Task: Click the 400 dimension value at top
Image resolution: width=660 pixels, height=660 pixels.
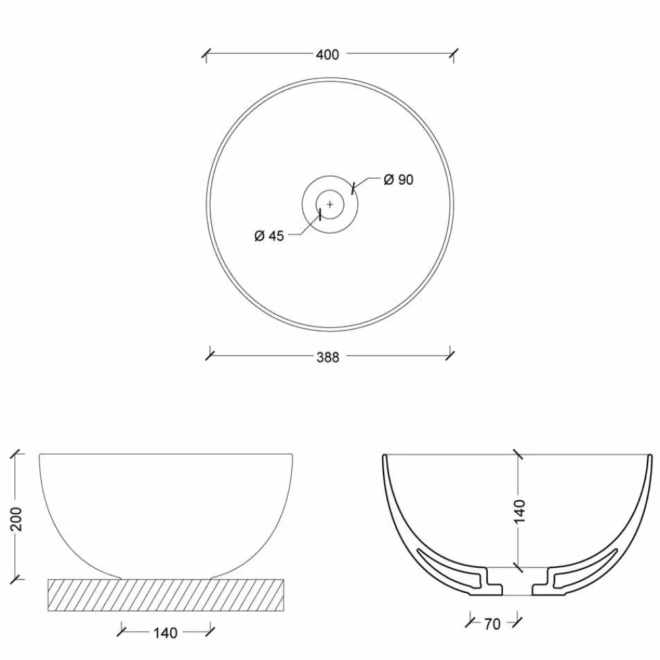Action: coord(327,55)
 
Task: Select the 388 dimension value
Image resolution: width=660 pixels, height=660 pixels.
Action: coord(327,357)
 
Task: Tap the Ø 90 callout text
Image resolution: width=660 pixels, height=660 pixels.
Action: coord(398,180)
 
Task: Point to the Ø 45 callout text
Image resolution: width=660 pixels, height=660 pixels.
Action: coord(269,236)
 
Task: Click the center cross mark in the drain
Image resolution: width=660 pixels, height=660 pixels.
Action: coord(330,205)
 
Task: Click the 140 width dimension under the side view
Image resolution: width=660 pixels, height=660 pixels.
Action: coord(165,633)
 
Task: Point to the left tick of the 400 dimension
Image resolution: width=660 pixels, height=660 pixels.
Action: coord(206,55)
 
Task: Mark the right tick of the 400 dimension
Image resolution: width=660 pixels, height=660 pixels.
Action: coord(453,55)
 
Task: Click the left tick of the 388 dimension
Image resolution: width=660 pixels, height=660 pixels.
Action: coord(210,354)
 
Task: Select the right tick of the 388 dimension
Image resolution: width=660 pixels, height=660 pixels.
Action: coord(450,354)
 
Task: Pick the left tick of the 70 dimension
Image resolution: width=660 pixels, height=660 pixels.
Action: coord(470,620)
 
